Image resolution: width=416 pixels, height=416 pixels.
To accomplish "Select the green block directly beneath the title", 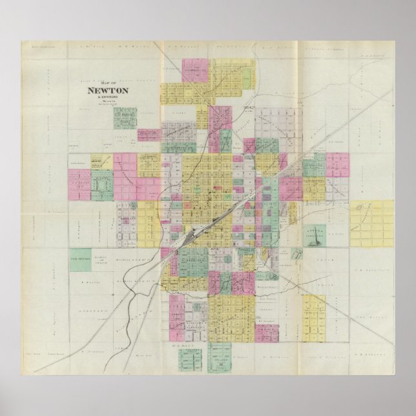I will (124, 118).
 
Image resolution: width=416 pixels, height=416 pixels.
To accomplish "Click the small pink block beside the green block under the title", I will (120, 137).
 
